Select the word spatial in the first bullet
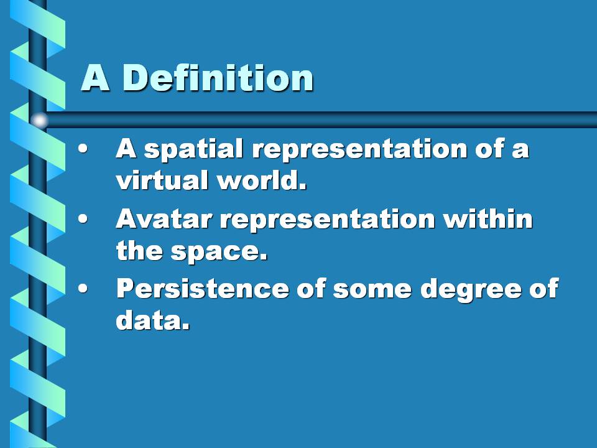pos(193,150)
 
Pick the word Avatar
pos(164,219)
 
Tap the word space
pos(219,252)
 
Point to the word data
pos(153,320)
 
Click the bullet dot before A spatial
pos(83,149)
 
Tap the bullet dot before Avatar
pos(83,219)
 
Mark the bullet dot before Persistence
pos(83,288)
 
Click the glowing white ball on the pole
pos(39,120)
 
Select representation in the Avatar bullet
pos(328,220)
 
